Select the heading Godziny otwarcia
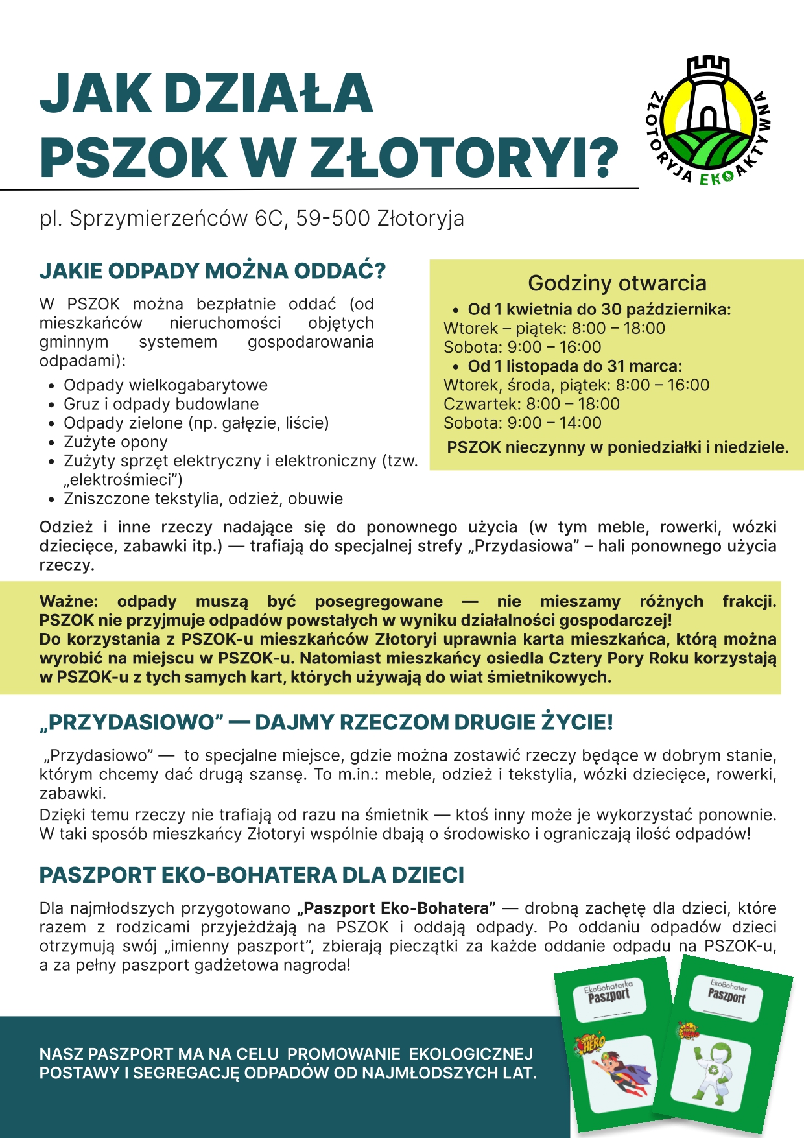[x=617, y=283]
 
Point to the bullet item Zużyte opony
[x=115, y=442]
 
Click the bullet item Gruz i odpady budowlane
[x=161, y=404]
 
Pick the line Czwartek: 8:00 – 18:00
[x=531, y=404]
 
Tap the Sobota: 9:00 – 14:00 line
[x=522, y=423]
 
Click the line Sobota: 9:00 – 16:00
[x=522, y=347]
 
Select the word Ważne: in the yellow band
[x=69, y=601]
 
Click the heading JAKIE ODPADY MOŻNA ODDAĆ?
[x=213, y=271]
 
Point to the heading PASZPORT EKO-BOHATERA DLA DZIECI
[x=252, y=875]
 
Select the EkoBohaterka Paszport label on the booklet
[x=608, y=992]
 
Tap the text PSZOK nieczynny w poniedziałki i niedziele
[x=617, y=447]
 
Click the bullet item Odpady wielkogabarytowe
[x=165, y=385]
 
